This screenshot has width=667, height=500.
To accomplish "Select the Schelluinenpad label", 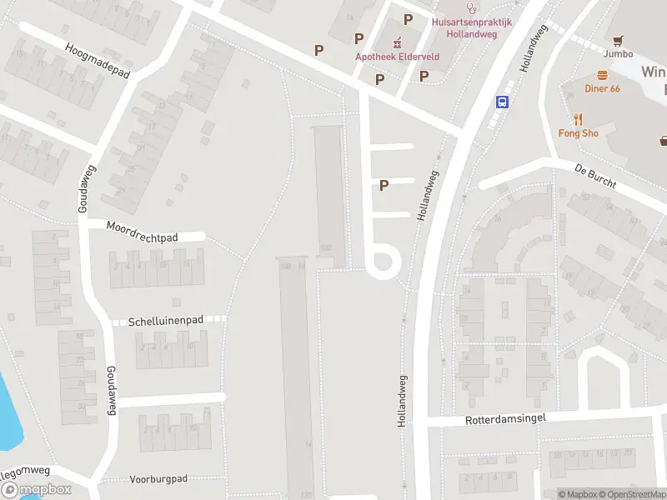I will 167,322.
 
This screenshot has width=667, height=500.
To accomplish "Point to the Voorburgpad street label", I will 158,479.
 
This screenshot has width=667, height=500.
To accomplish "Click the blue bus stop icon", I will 503,102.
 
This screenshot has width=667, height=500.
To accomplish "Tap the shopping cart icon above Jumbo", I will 618,39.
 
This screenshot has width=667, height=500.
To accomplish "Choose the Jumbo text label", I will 618,54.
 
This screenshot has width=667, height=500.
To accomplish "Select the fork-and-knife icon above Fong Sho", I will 576,119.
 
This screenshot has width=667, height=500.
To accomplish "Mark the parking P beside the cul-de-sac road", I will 384,185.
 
